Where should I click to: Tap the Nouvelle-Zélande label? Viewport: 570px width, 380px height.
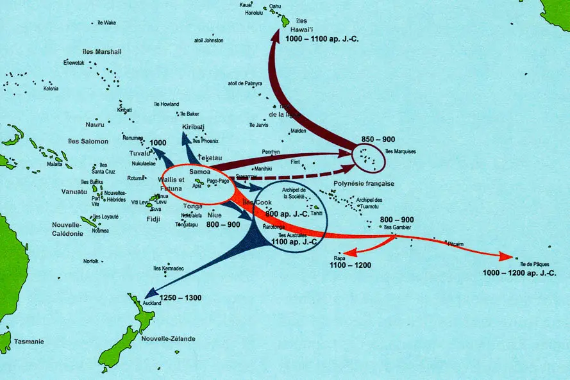click(168, 338)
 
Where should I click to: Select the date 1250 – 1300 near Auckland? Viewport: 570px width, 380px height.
click(180, 298)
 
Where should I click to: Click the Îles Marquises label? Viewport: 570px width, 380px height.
click(401, 152)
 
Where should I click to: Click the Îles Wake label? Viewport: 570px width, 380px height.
click(106, 22)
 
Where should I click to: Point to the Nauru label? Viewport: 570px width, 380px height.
click(94, 124)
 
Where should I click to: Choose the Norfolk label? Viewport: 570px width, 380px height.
click(91, 261)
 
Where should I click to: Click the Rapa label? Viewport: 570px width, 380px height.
click(339, 258)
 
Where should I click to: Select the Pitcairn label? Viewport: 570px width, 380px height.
click(457, 244)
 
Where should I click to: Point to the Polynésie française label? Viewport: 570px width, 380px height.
click(364, 183)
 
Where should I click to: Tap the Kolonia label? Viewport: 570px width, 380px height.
click(51, 88)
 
